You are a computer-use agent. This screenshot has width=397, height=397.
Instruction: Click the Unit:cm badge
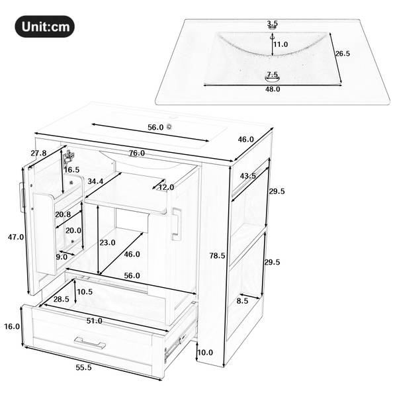click(44, 26)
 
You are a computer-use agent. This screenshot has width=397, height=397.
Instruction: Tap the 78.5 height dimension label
click(217, 255)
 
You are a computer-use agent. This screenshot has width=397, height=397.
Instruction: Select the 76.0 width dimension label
click(137, 154)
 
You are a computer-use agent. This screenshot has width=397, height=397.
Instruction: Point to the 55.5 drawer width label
click(83, 367)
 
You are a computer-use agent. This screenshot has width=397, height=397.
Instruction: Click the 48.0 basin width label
click(273, 89)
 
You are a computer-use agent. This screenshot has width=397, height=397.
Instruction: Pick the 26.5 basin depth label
click(343, 54)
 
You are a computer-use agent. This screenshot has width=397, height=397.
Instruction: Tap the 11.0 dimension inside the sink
click(281, 44)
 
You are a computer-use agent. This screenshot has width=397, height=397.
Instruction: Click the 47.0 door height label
click(16, 237)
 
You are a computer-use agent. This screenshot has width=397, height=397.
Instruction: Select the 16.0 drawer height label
click(12, 326)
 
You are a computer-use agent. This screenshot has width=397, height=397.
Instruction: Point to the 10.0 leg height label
click(205, 352)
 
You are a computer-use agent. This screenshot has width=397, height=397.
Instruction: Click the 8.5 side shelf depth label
click(243, 301)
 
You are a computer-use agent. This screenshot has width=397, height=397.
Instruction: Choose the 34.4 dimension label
click(95, 181)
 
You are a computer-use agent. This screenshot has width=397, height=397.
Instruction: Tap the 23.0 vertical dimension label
click(107, 243)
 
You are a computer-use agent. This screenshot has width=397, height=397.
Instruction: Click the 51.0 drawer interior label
click(94, 321)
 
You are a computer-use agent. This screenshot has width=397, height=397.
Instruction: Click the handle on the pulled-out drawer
click(90, 342)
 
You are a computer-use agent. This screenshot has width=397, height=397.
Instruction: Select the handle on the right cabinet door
click(177, 224)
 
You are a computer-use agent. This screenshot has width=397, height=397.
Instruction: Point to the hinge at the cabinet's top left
click(68, 157)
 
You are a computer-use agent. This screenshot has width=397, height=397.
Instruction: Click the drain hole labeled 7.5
click(272, 79)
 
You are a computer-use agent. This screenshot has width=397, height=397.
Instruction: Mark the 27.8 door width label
click(39, 153)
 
